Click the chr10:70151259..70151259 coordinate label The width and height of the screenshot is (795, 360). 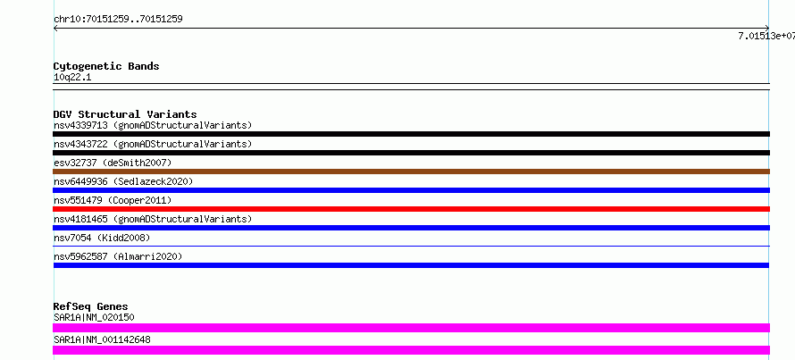pos(118,20)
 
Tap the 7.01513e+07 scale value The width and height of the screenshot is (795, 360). pos(766,36)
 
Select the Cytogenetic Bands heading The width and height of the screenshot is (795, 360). pos(106,66)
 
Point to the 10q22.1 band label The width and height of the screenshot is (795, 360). pos(72,78)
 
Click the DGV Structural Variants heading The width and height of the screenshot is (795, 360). pos(125,114)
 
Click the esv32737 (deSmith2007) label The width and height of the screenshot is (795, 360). pos(113,163)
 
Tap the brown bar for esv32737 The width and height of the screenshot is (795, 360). pos(411,172)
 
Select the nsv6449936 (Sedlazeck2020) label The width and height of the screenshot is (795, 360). pos(123,181)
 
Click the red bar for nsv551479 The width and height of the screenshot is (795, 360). pos(411,209)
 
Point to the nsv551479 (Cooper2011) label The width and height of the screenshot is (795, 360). pos(113,200)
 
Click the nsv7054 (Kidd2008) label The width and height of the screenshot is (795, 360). pos(102,238)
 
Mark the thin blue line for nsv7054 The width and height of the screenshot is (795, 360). pos(411,246)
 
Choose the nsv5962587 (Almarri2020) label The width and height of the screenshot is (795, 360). pos(118,256)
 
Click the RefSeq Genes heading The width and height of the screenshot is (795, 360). pos(91,306)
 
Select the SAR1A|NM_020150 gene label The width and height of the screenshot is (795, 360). pos(94,317)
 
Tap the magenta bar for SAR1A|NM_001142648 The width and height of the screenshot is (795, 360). pos(411,350)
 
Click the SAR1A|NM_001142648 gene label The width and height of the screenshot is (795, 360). pos(102,339)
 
